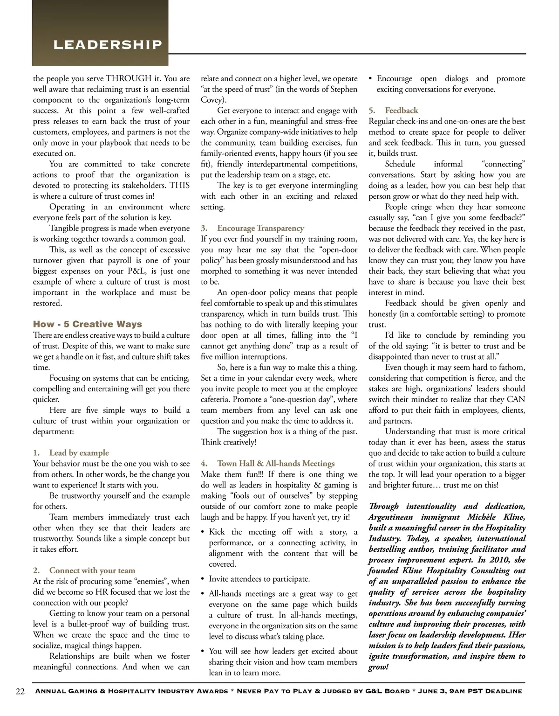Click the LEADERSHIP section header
click(x=108, y=45)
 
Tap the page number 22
click(x=20, y=691)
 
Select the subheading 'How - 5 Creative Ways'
click(x=88, y=324)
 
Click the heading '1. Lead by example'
click(x=71, y=453)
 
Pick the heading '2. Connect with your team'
click(x=84, y=570)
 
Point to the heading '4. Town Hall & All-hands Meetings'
click(x=268, y=464)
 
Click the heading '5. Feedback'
click(x=394, y=111)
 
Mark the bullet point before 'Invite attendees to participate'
click(x=203, y=579)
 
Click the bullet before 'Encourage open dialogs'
click(x=371, y=79)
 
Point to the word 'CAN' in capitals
click(x=516, y=399)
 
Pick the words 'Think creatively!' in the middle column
click(x=229, y=442)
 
